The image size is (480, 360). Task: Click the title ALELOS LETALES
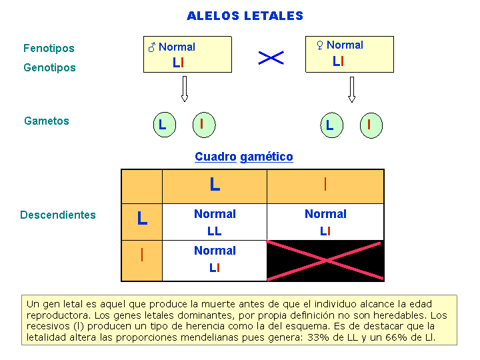[245, 16]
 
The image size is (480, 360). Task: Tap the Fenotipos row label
[49, 49]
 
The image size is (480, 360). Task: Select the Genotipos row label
[49, 67]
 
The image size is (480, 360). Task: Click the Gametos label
[47, 121]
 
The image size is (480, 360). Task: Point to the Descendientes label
[58, 215]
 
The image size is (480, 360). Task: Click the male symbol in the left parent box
[152, 47]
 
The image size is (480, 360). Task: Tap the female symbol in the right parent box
[320, 45]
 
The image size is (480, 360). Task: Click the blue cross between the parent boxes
[271, 58]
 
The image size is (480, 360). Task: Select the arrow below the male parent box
[184, 89]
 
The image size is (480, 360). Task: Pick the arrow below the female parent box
[352, 89]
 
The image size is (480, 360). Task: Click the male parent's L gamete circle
[165, 125]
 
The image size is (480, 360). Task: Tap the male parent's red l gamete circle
[204, 125]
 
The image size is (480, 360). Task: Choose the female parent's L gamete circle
[332, 125]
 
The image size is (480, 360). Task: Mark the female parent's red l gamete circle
[371, 125]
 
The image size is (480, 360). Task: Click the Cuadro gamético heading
[244, 157]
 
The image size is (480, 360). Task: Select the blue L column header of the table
[215, 185]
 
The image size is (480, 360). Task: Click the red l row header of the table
[142, 255]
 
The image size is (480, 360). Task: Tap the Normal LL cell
[215, 222]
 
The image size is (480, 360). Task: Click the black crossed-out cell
[325, 261]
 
